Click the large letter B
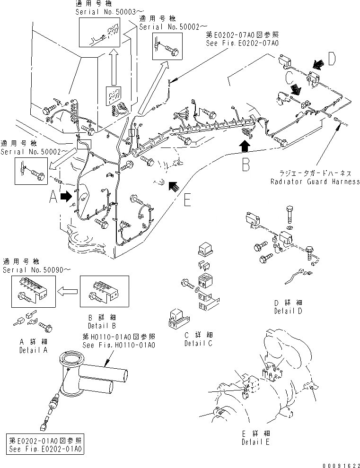pyautogui.click(x=246, y=165)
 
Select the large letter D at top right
pyautogui.click(x=332, y=60)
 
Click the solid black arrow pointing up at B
pyautogui.click(x=245, y=145)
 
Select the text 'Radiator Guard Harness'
pyautogui.click(x=315, y=182)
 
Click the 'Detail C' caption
pyautogui.click(x=198, y=343)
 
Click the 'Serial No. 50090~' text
pyautogui.click(x=30, y=269)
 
